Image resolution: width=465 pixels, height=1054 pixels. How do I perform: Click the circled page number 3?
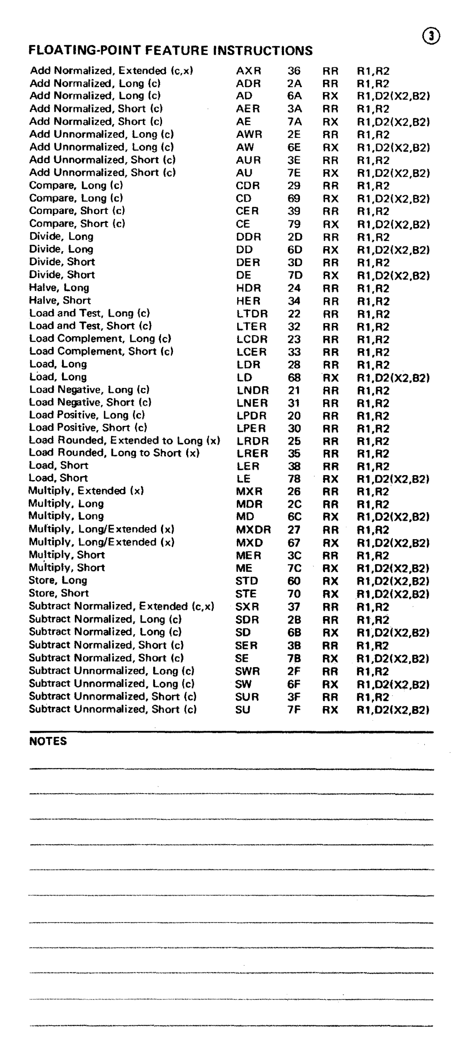[431, 37]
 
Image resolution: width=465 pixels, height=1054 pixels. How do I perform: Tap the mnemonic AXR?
[249, 71]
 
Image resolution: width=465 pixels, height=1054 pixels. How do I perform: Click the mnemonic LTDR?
[252, 314]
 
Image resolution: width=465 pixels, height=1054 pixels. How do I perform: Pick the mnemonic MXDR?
[253, 530]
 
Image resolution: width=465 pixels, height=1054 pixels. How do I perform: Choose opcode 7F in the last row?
[294, 709]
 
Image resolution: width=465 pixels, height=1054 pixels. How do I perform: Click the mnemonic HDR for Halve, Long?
[249, 288]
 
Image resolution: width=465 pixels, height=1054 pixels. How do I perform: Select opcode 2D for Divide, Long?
[295, 237]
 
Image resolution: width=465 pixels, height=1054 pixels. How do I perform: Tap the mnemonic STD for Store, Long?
[246, 581]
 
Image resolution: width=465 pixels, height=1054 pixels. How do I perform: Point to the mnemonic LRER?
[252, 453]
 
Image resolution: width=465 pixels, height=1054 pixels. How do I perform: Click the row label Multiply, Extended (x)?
[86, 491]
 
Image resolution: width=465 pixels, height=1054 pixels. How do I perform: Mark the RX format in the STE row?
[330, 594]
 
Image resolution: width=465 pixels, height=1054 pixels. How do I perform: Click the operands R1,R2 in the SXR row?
[373, 607]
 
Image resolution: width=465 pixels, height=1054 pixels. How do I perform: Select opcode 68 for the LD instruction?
[294, 377]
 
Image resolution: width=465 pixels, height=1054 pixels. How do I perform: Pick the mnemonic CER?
[247, 211]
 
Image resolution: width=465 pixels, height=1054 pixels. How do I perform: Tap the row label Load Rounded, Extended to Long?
[124, 440]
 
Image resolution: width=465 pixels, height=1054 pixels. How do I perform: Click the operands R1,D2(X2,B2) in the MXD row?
[393, 543]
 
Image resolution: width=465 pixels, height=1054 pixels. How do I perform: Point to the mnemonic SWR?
[247, 671]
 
